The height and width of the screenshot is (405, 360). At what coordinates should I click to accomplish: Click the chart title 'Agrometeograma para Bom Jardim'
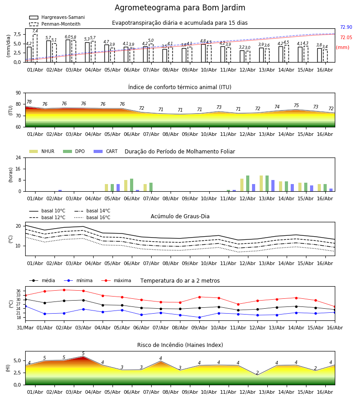[180, 8]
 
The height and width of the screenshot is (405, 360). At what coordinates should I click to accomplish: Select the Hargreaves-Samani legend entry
[57, 17]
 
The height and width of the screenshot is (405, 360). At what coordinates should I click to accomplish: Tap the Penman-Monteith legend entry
[55, 24]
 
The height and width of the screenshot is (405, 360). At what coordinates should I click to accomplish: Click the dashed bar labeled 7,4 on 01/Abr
[35, 48]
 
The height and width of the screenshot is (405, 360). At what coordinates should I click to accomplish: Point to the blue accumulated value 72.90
[346, 27]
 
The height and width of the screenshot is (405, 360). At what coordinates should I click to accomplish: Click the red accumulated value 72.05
[346, 37]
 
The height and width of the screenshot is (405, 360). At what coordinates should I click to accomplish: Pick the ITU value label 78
[29, 102]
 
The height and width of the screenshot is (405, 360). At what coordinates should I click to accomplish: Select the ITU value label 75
[296, 105]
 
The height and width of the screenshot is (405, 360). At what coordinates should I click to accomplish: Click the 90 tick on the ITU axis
[18, 93]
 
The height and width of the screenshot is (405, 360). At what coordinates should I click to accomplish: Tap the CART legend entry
[105, 151]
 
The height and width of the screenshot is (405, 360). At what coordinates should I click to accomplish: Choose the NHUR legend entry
[42, 151]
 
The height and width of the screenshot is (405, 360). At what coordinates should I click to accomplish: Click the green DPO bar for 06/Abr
[132, 185]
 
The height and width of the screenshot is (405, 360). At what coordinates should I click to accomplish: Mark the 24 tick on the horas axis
[18, 157]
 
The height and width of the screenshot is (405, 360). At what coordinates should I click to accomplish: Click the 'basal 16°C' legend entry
[92, 217]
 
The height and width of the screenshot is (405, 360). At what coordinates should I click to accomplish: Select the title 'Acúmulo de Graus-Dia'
[180, 216]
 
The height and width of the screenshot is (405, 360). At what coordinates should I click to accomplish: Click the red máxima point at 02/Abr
[64, 290]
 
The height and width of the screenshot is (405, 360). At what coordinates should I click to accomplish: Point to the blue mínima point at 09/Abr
[199, 317]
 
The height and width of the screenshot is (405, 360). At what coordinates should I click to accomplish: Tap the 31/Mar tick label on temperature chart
[25, 328]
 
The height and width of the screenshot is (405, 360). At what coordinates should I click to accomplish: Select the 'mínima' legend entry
[78, 280]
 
